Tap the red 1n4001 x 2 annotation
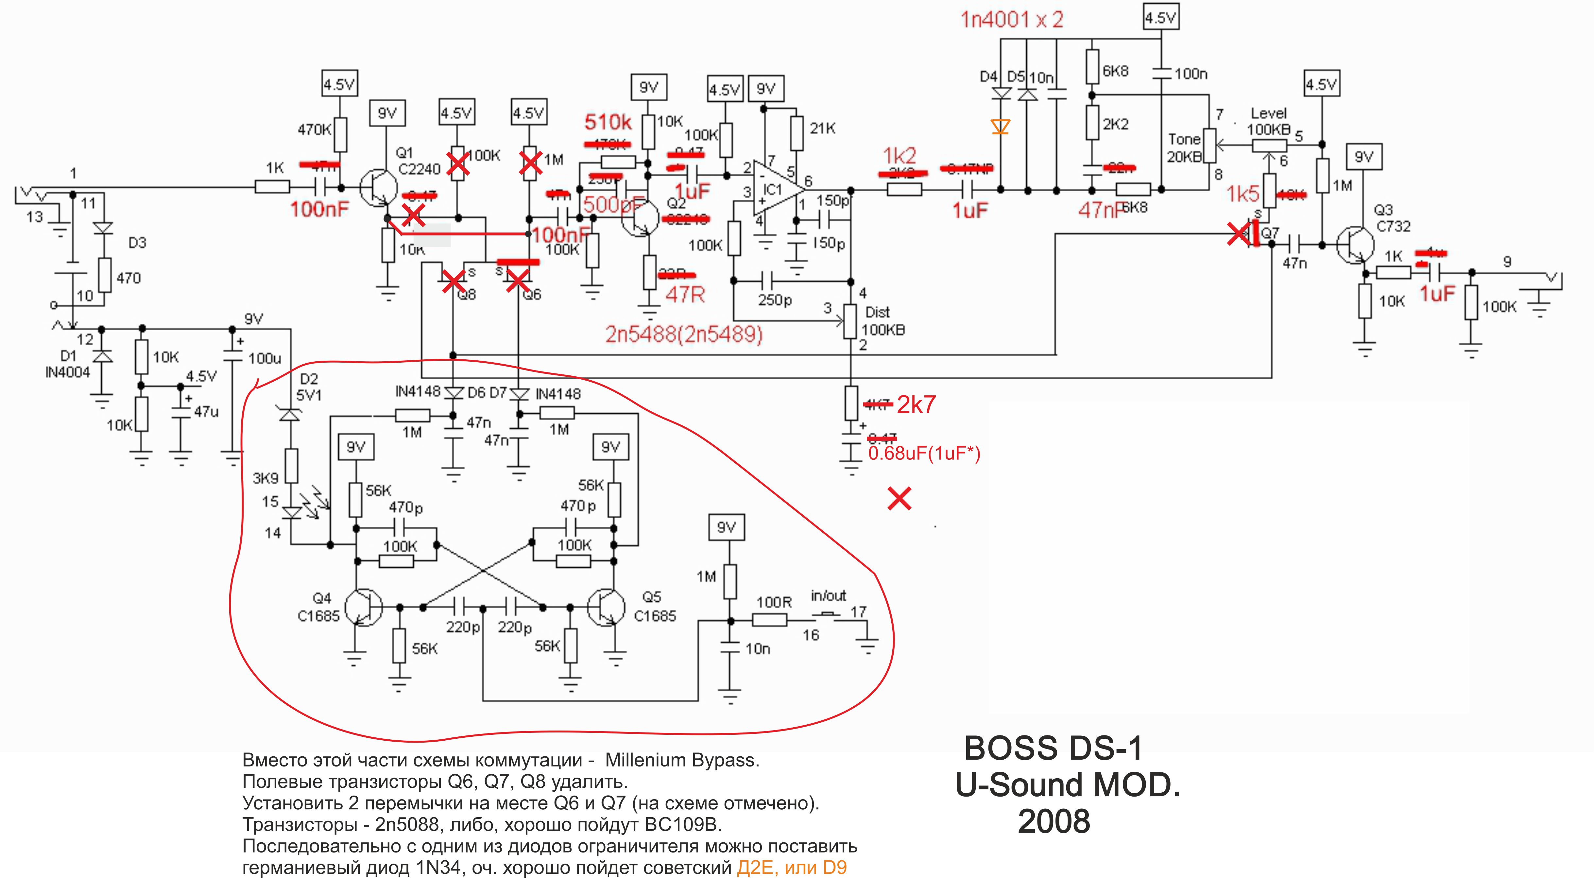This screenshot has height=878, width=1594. tap(1012, 20)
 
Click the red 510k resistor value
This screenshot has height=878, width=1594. tap(608, 123)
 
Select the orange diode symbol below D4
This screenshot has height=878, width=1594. tap(1001, 127)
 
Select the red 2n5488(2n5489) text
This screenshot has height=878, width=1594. tap(684, 335)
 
